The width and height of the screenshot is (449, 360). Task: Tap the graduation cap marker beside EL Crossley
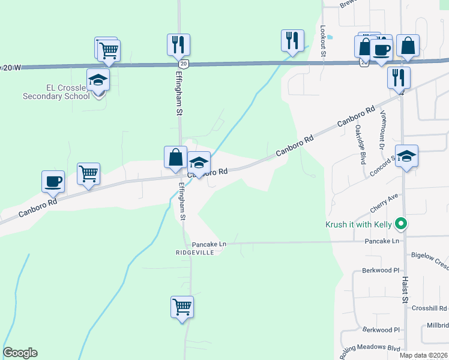[x=98, y=80]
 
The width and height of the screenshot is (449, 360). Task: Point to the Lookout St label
[x=323, y=40]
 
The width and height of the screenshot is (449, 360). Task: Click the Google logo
[x=20, y=353]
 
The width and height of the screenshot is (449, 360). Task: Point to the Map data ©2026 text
[x=423, y=355]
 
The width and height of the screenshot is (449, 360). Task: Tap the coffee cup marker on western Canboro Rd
[x=53, y=181]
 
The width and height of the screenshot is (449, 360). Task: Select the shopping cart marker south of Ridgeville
[x=182, y=307]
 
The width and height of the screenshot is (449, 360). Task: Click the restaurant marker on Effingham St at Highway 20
[x=178, y=44]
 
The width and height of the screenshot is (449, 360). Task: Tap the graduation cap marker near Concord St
[x=406, y=157]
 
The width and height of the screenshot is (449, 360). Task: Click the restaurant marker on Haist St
[x=399, y=77]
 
